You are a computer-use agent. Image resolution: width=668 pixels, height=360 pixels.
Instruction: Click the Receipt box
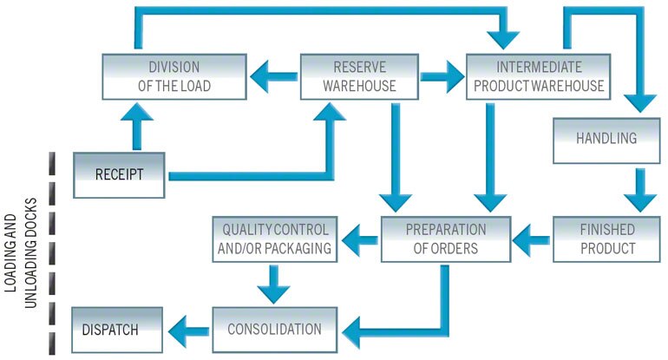click(119, 173)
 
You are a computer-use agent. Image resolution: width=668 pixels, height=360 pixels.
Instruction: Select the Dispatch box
click(116, 330)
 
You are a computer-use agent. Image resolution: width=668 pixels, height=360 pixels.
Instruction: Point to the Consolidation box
click(274, 330)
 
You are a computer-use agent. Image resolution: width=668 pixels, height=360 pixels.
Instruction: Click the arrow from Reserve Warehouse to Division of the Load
click(272, 76)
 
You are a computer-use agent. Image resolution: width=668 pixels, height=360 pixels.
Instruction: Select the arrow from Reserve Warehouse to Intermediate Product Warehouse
click(442, 76)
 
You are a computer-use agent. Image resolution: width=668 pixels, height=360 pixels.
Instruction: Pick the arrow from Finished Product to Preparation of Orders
click(531, 234)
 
